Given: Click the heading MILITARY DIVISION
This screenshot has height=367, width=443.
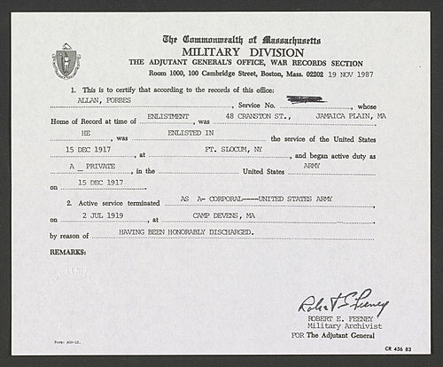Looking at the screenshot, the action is click(242, 51).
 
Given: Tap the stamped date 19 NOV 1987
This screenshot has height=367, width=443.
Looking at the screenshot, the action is click(359, 75).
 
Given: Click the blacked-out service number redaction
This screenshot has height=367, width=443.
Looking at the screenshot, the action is click(300, 99).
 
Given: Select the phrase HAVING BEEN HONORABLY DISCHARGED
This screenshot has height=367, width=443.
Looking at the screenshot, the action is click(186, 230).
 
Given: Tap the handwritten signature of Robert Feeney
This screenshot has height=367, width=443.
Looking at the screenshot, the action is click(343, 306).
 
